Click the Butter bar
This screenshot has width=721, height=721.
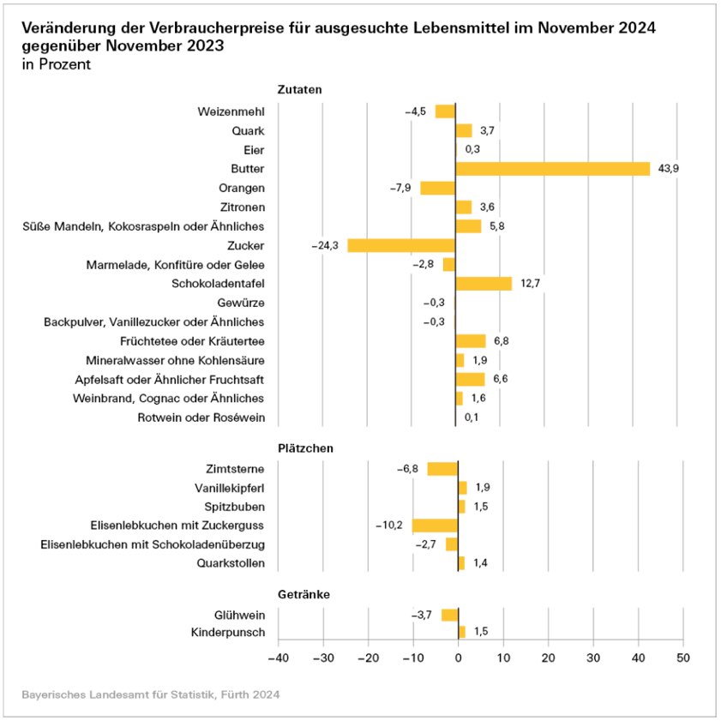[553, 169]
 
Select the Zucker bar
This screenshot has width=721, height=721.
[400, 245]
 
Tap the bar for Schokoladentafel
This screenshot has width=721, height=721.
[484, 284]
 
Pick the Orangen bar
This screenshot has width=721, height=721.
[437, 188]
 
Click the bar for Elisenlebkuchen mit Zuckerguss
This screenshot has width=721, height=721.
[435, 526]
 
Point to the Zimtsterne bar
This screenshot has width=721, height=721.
[442, 469]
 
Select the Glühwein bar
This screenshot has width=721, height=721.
[449, 615]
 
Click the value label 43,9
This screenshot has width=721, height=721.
[669, 169]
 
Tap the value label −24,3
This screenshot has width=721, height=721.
[327, 245]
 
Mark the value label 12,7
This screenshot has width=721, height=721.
[529, 284]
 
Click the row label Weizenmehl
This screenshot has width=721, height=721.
[231, 111]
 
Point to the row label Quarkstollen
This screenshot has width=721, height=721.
[231, 563]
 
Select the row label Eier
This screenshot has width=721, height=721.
[255, 150]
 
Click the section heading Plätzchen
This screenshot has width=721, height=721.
[305, 448]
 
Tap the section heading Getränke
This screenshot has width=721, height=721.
[303, 594]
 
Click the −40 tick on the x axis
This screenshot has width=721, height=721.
[277, 658]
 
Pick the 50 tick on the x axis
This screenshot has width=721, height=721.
[682, 658]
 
